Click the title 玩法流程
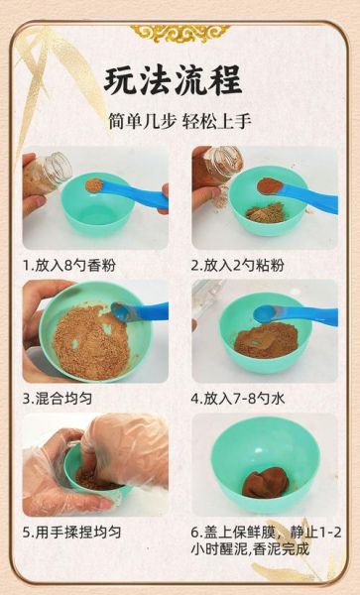pyautogui.click(x=180, y=80)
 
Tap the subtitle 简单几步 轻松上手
pyautogui.click(x=180, y=121)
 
